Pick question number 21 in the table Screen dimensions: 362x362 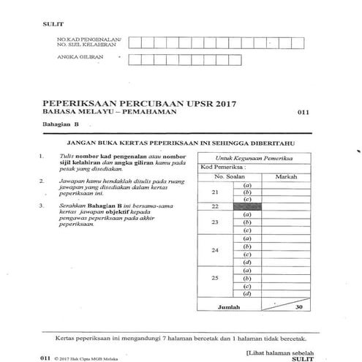[214, 192]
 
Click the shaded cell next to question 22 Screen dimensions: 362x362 [247, 207]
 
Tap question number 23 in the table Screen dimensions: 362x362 [214, 222]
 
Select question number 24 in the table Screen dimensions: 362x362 [214, 250]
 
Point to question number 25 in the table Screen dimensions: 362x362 [214, 280]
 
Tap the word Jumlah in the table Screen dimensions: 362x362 [219, 307]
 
